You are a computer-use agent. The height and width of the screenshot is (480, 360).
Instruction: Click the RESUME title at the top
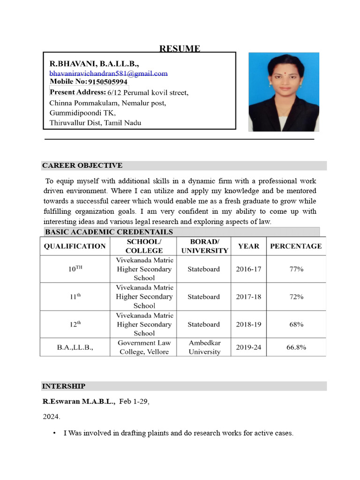click(180, 49)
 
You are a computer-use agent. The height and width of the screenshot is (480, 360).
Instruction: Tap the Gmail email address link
click(108, 74)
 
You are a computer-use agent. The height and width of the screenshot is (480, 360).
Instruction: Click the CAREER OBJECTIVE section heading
click(82, 165)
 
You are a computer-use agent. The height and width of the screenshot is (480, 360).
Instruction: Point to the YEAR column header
click(248, 246)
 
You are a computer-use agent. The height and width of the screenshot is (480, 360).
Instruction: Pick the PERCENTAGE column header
click(296, 246)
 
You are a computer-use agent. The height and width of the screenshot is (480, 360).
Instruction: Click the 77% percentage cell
click(296, 269)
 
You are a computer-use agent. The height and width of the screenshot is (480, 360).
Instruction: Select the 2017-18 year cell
click(248, 297)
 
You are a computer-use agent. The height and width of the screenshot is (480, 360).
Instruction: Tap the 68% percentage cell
click(296, 324)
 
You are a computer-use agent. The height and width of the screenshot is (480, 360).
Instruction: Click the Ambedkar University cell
click(204, 347)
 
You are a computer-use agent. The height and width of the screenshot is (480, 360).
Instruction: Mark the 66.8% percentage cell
click(296, 347)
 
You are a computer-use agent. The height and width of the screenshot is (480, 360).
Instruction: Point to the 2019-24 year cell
click(248, 347)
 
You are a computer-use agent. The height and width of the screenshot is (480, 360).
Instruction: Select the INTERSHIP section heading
click(64, 386)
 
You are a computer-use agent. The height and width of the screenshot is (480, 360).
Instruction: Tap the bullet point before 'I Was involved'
click(55, 433)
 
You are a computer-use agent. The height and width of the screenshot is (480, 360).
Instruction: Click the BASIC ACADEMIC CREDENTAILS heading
click(109, 232)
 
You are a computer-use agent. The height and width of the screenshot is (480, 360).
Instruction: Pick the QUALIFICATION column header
click(75, 246)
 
